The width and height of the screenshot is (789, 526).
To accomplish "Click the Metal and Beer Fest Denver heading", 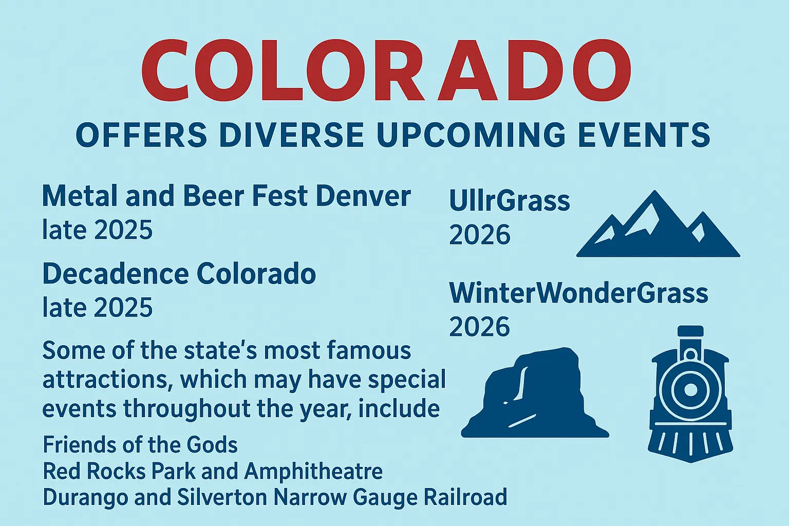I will (x=226, y=197).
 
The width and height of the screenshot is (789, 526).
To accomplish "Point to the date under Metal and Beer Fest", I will (x=98, y=230).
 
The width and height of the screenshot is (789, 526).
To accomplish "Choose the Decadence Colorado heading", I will (x=179, y=274).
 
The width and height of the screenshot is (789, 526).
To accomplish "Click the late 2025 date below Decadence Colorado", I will (x=98, y=308).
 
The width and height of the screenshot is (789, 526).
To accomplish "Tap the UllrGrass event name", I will (x=509, y=201).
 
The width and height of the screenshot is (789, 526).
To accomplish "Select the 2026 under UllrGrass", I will (x=480, y=235).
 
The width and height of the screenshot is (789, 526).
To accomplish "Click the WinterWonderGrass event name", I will (x=578, y=293).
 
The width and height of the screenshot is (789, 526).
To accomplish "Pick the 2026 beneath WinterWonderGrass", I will (x=480, y=327).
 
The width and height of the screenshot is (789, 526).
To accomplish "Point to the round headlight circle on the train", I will (x=690, y=389).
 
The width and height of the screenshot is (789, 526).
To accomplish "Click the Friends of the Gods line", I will (x=140, y=445).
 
